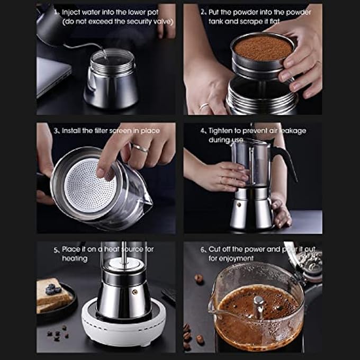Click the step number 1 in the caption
[55, 11]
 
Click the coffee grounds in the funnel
[263, 48]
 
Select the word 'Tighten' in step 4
[221, 130]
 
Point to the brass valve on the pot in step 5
[134, 292]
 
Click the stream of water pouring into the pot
[105, 53]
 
